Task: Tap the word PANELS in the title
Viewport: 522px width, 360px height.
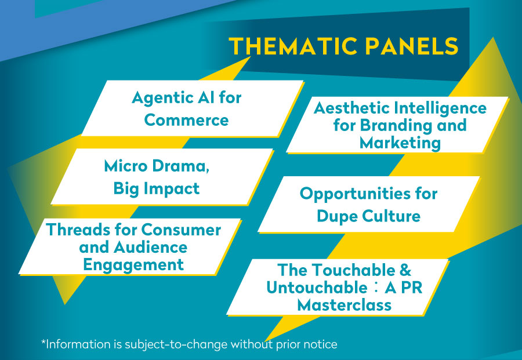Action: [x=412, y=46]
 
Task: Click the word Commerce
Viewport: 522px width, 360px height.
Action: [x=186, y=120]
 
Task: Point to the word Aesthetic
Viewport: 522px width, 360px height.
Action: [x=351, y=108]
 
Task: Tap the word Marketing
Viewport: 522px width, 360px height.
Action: [x=400, y=143]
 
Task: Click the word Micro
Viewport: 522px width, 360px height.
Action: [x=125, y=166]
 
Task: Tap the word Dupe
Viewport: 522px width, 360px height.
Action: [x=337, y=217]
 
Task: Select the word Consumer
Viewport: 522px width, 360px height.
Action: [x=181, y=230]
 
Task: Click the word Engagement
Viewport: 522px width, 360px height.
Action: [x=133, y=266]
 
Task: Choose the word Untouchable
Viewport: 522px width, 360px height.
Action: [x=317, y=288]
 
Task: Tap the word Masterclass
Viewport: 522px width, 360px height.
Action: [x=344, y=305]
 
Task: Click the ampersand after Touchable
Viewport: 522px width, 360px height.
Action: [x=405, y=270]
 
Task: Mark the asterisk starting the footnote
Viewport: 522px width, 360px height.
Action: [x=43, y=341]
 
